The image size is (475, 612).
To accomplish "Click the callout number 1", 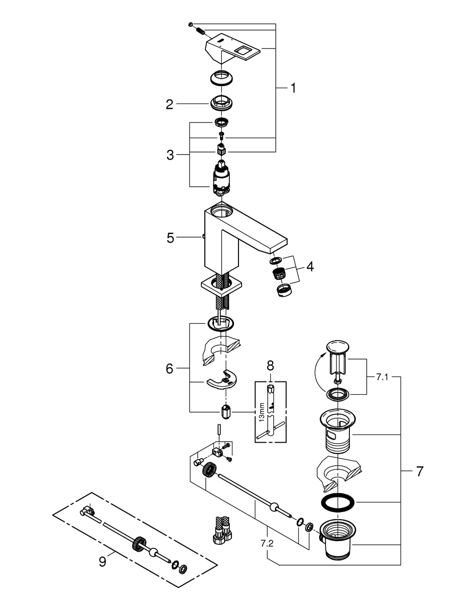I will [x=293, y=88].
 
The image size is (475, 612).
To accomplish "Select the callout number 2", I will [x=169, y=105].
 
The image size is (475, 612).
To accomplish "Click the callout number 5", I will [x=170, y=237].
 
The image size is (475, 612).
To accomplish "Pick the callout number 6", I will [x=170, y=368].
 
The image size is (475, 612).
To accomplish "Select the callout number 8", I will [x=270, y=365].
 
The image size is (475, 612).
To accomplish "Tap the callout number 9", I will [x=103, y=562].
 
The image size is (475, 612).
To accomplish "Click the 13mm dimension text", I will [x=262, y=412].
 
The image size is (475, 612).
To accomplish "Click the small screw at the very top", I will [x=191, y=24].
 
